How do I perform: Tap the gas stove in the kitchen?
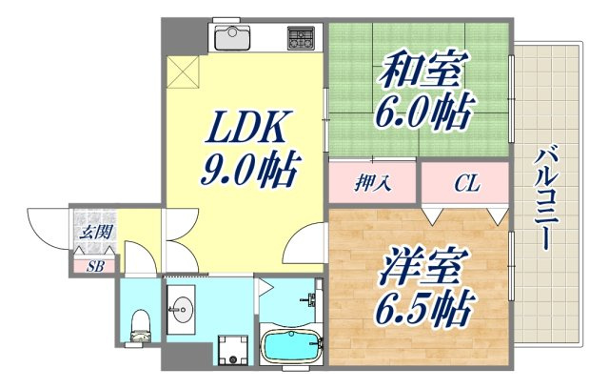[x=302, y=38]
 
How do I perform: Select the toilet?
[x=139, y=324]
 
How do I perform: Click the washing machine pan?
[x=229, y=349]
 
